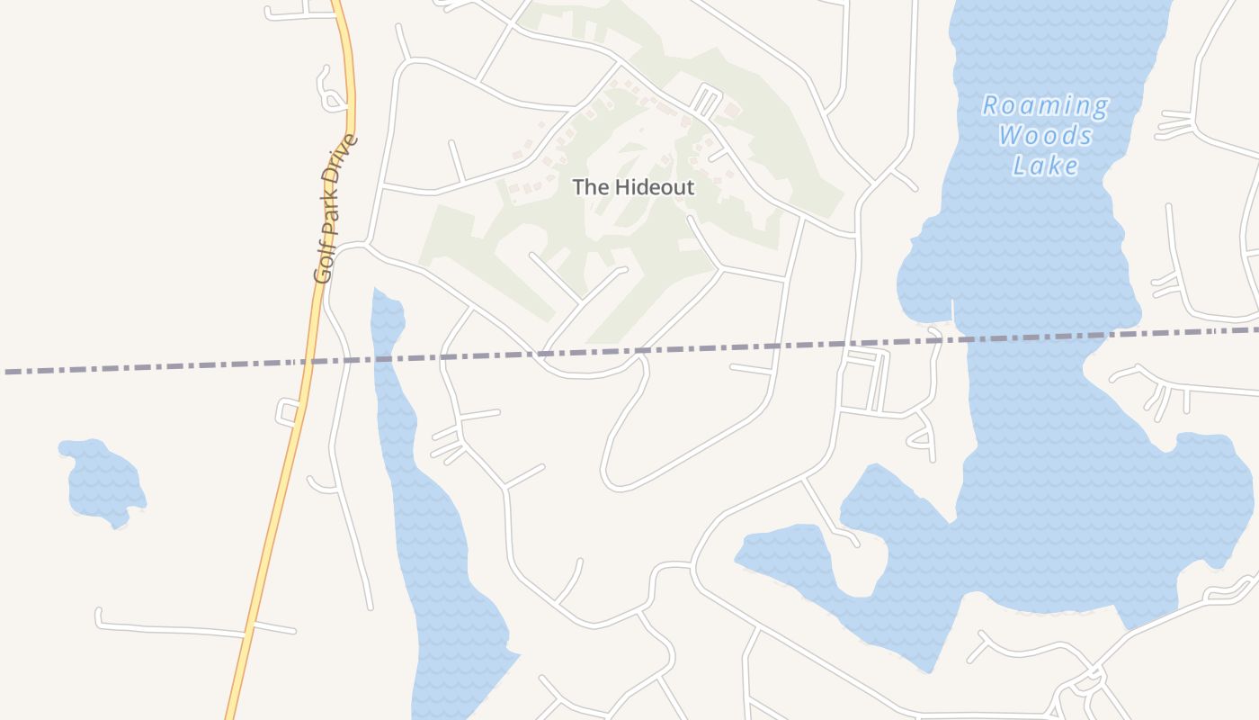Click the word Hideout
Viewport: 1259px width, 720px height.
tap(655, 187)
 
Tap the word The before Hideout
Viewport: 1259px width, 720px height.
tap(591, 187)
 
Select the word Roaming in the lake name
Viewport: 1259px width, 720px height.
tap(1045, 106)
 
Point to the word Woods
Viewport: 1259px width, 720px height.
tap(1045, 136)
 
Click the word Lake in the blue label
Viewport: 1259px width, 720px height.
tap(1045, 166)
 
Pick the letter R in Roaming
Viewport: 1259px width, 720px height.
tap(991, 106)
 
